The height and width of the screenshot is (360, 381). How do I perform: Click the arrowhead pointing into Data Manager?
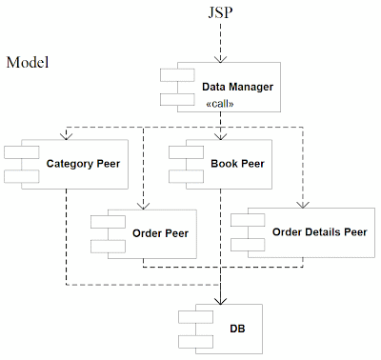click(x=220, y=60)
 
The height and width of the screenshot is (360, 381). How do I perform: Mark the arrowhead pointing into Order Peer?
click(x=143, y=203)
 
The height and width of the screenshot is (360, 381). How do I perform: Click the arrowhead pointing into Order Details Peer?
click(x=303, y=203)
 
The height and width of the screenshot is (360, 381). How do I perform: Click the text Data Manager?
click(x=238, y=87)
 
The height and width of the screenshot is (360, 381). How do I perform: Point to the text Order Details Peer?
click(x=319, y=231)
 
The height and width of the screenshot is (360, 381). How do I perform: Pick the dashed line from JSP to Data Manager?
click(x=220, y=40)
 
